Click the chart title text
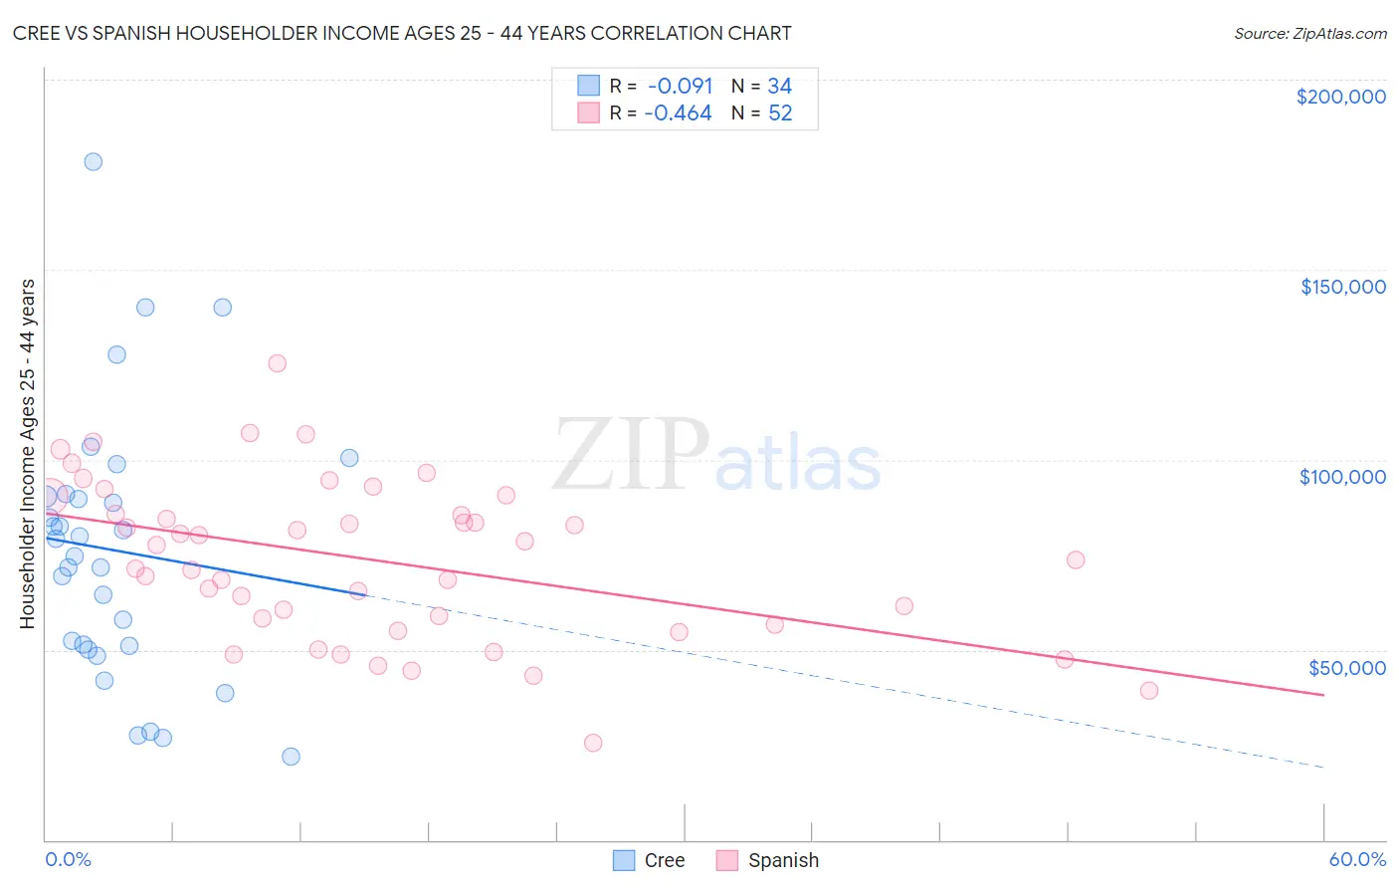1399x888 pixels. coord(402,33)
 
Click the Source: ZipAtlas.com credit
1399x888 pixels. coord(1309,33)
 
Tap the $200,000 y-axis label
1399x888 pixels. coord(1340,97)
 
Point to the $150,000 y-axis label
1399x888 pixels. coord(1342,287)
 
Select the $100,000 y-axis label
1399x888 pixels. coord(1342,477)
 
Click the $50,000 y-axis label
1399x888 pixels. coord(1346,667)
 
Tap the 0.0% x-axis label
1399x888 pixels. coord(68,859)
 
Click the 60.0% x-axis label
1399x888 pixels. coord(1356,859)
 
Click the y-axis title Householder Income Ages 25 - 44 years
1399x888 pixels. coord(27,453)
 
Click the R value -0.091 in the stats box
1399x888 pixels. coord(680,86)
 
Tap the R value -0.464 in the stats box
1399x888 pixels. coord(678,112)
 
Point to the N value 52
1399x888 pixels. coord(780,112)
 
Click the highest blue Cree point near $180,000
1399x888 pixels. coord(93,161)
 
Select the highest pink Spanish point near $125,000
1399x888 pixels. coord(277,363)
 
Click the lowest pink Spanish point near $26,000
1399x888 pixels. coord(593,743)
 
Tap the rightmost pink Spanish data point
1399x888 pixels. coord(1149,691)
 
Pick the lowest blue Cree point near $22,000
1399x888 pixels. coord(291,757)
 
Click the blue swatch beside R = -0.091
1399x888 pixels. coord(589,86)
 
